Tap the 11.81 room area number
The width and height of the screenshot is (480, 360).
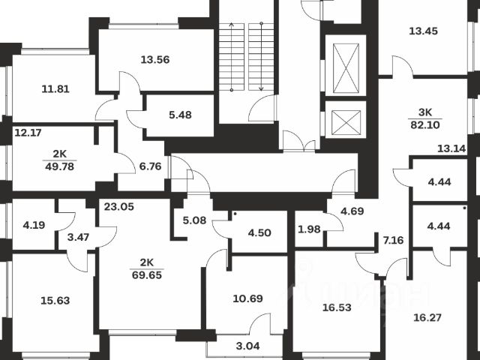pos(55,88)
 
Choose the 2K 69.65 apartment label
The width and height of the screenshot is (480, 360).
pos(146,268)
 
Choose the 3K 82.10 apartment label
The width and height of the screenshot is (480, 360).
pos(424,118)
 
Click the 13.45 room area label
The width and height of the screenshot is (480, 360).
pos(424,31)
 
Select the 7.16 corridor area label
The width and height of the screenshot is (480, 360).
pos(393,240)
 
